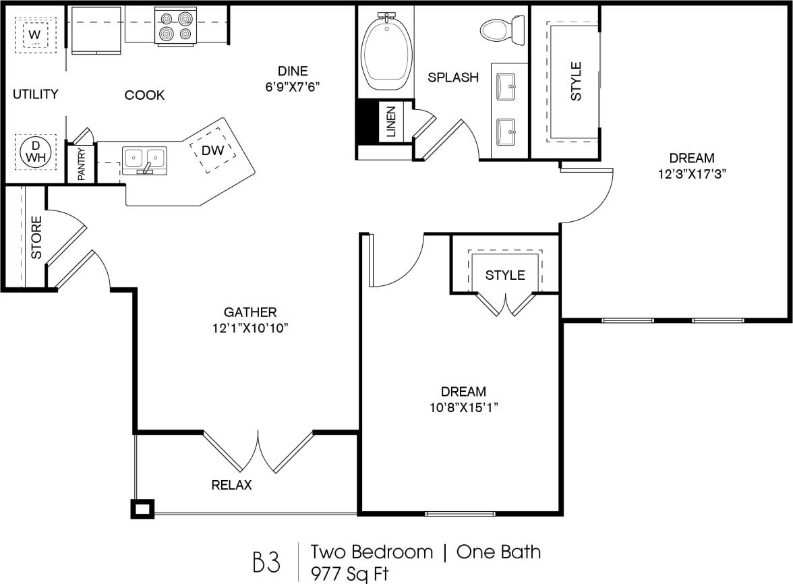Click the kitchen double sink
pyautogui.click(x=144, y=159)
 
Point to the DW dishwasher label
pyautogui.click(x=212, y=150)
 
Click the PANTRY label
pyautogui.click(x=81, y=164)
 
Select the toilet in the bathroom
pyautogui.click(x=503, y=29)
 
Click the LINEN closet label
pyautogui.click(x=391, y=122)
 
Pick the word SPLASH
pyautogui.click(x=453, y=78)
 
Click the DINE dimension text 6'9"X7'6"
pyautogui.click(x=293, y=86)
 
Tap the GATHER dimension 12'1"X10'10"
pyautogui.click(x=250, y=328)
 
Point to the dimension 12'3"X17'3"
pyautogui.click(x=691, y=173)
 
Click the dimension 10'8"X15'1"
pyautogui.click(x=463, y=407)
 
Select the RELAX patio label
pyautogui.click(x=231, y=485)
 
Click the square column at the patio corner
pyautogui.click(x=142, y=509)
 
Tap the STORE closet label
pyautogui.click(x=37, y=237)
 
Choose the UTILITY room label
pyautogui.click(x=36, y=94)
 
